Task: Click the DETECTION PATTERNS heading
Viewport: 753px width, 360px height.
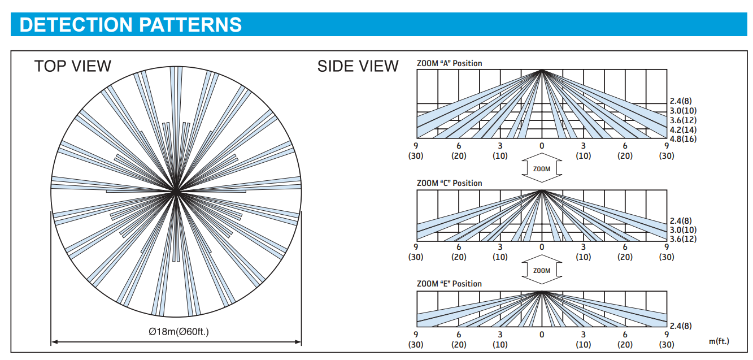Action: tap(130, 24)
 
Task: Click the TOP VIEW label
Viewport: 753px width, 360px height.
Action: tap(73, 66)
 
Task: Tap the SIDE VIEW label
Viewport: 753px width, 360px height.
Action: tap(358, 66)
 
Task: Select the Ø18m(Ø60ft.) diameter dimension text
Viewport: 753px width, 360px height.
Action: tap(179, 332)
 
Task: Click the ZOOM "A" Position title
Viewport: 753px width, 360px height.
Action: tap(450, 63)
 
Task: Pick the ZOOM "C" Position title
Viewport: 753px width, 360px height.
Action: tap(450, 183)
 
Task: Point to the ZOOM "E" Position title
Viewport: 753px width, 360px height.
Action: tap(450, 284)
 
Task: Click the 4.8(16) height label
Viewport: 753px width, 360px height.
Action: tap(683, 139)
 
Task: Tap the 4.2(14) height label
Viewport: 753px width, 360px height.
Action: tap(683, 129)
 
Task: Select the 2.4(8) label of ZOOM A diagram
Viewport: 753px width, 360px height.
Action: tap(681, 101)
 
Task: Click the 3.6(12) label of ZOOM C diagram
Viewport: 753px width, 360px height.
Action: tap(683, 239)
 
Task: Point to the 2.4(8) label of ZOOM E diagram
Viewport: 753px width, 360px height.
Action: tap(681, 326)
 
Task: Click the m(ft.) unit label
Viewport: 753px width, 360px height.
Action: tap(719, 341)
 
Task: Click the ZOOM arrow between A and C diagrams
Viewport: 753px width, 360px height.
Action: tap(542, 168)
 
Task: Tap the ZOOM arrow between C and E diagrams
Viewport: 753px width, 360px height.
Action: tap(542, 270)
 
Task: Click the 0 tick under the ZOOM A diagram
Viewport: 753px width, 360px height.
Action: tap(542, 146)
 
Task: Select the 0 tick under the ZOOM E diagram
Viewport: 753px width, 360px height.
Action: tap(542, 335)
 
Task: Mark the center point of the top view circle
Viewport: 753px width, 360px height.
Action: tap(176, 192)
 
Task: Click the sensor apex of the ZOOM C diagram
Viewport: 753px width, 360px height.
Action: tap(542, 190)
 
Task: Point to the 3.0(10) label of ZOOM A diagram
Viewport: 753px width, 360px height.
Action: tap(683, 111)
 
